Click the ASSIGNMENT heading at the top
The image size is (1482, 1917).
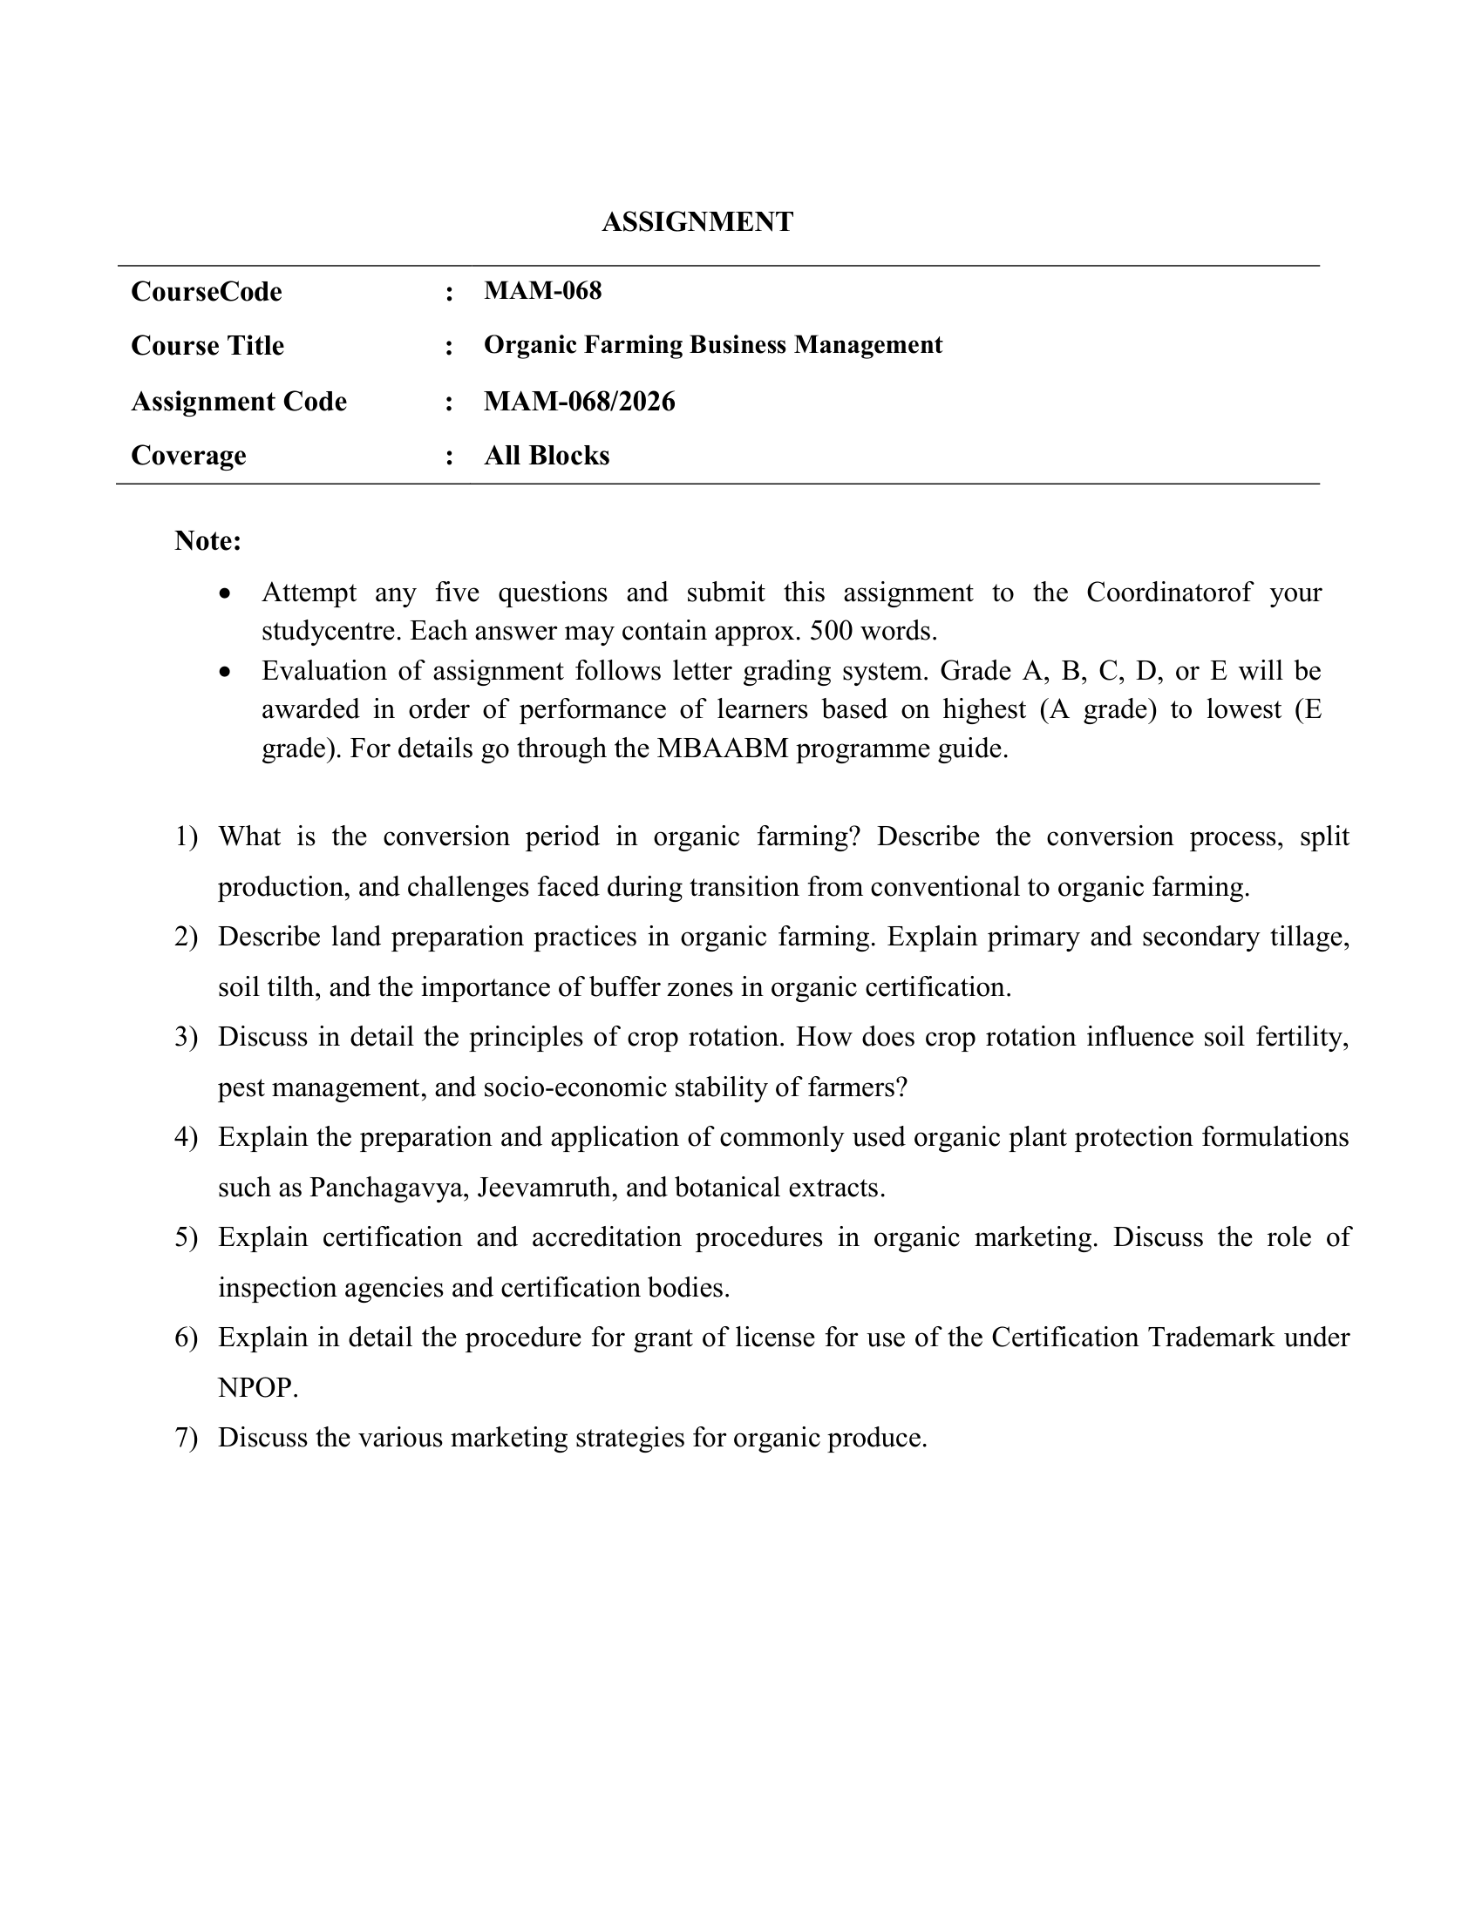(697, 222)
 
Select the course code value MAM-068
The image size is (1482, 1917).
(542, 290)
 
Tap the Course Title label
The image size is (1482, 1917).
(207, 346)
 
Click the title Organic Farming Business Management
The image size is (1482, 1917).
(712, 345)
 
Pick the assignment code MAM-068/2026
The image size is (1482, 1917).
(580, 402)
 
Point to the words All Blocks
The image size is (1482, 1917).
(546, 456)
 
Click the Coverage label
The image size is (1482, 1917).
(188, 456)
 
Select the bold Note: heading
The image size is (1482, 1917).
(208, 541)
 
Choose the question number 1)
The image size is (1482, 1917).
(187, 837)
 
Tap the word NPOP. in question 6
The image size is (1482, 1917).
(258, 1388)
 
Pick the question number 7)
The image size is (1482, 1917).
(187, 1438)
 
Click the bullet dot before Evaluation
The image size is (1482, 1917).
(227, 673)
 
